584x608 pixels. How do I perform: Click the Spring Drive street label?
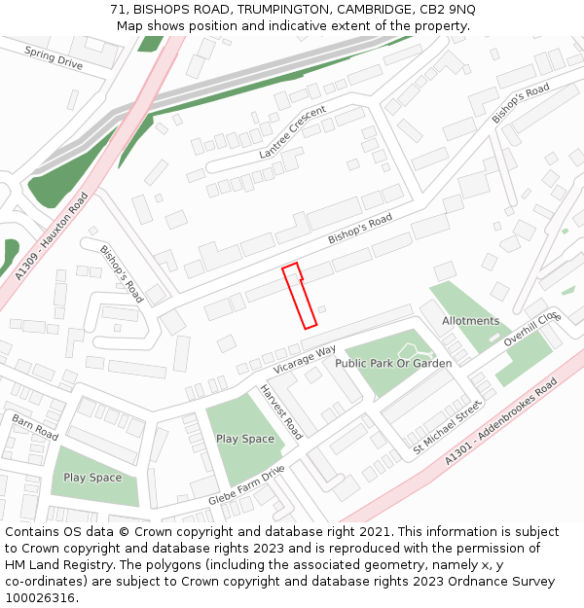(54, 58)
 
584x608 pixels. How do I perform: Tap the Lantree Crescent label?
(292, 133)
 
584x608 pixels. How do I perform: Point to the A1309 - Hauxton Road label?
(52, 236)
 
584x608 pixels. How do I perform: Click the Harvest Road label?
(281, 411)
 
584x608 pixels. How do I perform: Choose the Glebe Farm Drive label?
(246, 485)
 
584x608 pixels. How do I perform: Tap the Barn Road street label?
(35, 426)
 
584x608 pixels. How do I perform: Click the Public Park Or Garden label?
(393, 363)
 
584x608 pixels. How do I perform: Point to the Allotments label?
(470, 321)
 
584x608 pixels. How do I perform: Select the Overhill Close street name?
(532, 329)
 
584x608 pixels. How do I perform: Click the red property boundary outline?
(300, 297)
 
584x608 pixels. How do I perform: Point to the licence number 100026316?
(40, 597)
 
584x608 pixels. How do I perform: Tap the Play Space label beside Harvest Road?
(245, 439)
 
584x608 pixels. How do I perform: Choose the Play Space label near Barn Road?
(92, 478)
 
